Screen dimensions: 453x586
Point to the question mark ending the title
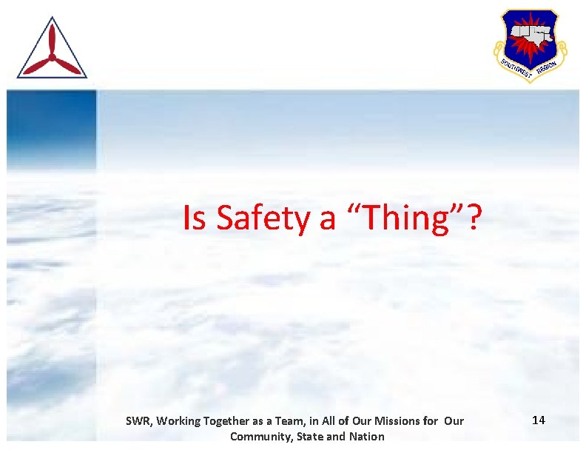click(x=474, y=218)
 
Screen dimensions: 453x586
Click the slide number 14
click(x=539, y=420)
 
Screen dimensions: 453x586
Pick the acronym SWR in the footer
click(x=137, y=421)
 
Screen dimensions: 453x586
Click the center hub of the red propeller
click(x=52, y=56)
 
